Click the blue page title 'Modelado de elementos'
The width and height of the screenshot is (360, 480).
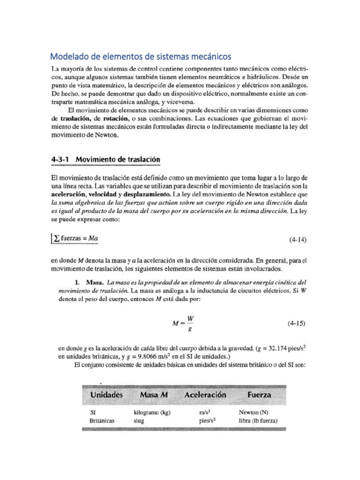click(x=141, y=57)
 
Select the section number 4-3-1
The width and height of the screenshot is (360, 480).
click(x=61, y=159)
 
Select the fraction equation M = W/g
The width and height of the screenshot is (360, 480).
click(x=184, y=323)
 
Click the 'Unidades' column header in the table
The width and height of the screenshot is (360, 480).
click(x=106, y=395)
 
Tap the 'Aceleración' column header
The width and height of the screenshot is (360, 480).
click(x=205, y=395)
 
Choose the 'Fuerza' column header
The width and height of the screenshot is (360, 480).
click(x=259, y=395)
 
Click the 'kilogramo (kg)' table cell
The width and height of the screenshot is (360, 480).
click(x=152, y=413)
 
